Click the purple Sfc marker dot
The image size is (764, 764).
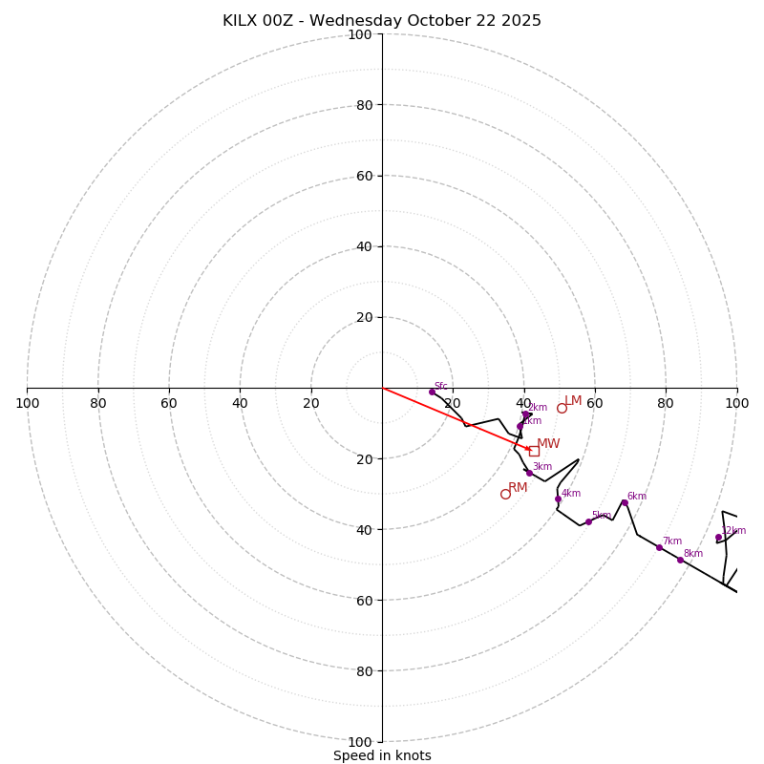[x=432, y=392]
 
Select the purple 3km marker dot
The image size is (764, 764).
[x=529, y=473]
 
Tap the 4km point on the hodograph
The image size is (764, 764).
[x=559, y=499]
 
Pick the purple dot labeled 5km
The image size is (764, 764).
[x=588, y=521]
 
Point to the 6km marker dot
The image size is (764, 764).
[x=625, y=502]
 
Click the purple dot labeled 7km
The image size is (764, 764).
[x=659, y=547]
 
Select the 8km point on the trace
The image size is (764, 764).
[x=680, y=560]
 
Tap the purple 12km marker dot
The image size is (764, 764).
[x=718, y=537]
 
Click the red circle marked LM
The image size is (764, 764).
[x=562, y=408]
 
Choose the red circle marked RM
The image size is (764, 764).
[x=505, y=494]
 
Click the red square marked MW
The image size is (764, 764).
[x=534, y=451]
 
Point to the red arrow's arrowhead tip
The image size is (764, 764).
[x=531, y=450]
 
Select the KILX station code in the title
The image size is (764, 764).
[x=244, y=21]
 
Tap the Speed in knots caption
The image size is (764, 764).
[x=382, y=755]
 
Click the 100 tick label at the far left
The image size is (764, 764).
[x=27, y=403]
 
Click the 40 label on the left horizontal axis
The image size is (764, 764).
[x=240, y=403]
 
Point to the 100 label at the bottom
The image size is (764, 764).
[x=359, y=741]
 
